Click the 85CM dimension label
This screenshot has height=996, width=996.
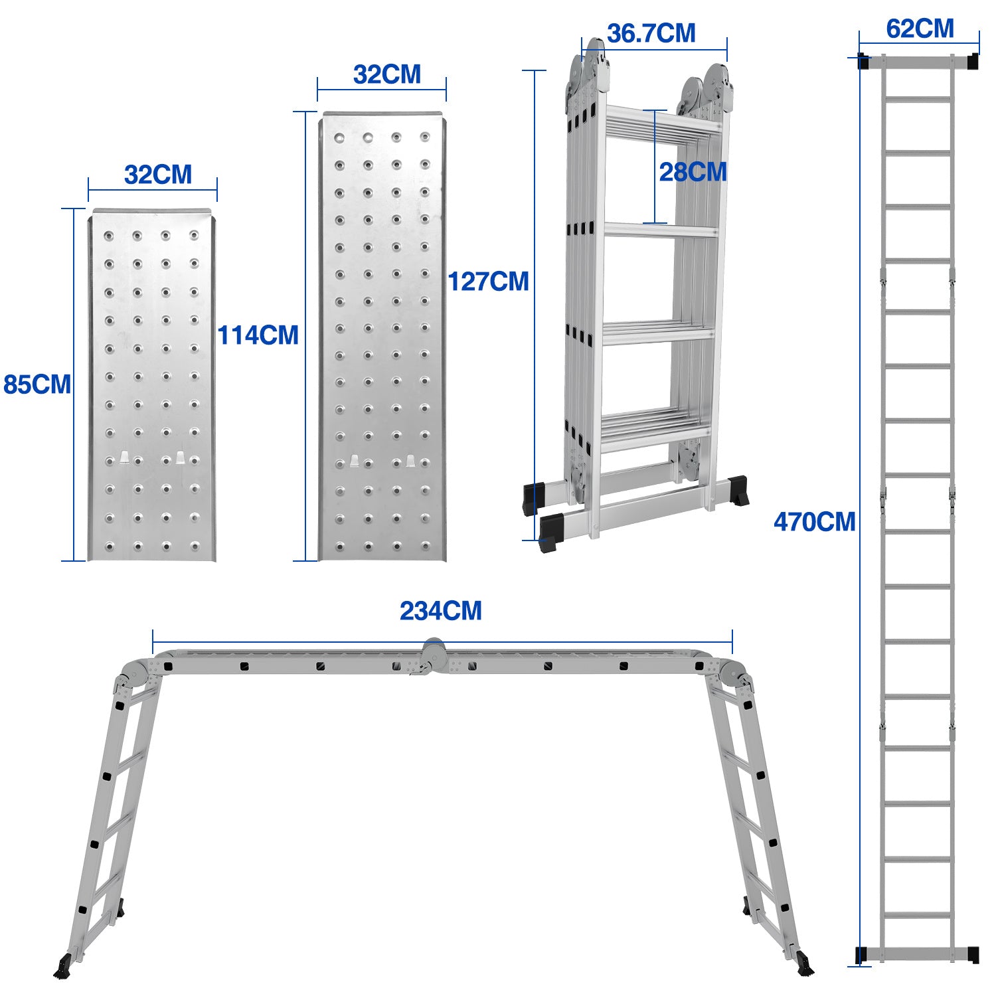(37, 384)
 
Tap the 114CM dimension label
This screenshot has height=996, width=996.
(258, 335)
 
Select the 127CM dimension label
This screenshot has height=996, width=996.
(489, 282)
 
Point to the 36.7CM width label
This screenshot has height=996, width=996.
(651, 33)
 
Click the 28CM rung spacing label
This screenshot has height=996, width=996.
(693, 172)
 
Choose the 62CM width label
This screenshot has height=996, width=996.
(920, 29)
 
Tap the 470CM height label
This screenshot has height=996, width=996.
(815, 522)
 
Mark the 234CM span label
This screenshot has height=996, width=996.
(441, 611)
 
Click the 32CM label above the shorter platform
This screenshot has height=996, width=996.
(158, 175)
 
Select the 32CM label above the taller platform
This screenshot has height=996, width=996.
(387, 74)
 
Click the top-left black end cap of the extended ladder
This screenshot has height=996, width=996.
(864, 62)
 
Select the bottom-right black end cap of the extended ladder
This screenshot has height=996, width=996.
(973, 954)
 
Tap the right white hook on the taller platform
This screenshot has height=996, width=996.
(410, 461)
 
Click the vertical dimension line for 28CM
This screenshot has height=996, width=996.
(655, 167)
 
